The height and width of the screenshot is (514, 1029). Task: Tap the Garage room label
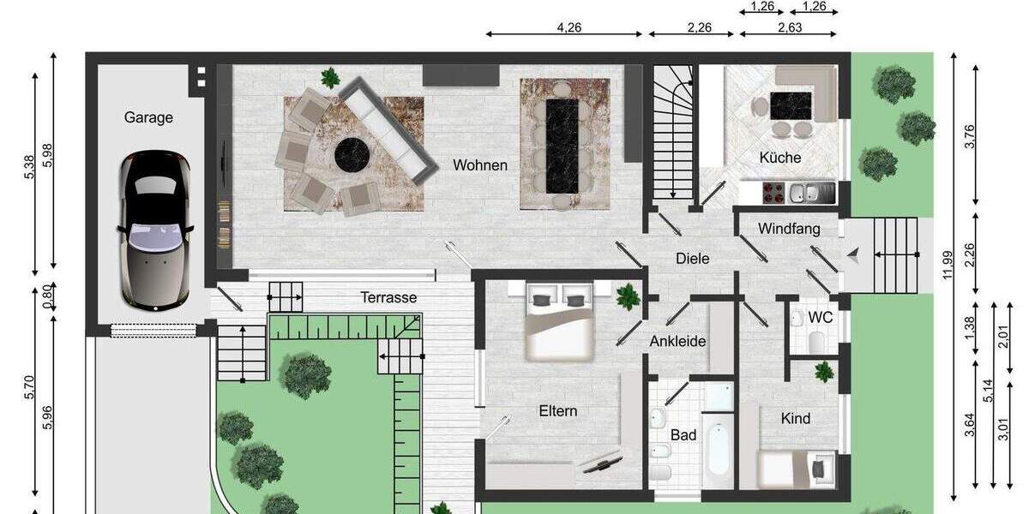coord(148,117)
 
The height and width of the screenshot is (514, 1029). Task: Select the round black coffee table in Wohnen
coord(352,156)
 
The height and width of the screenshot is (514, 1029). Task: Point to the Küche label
coord(780,158)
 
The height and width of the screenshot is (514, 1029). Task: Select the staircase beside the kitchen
coord(671,133)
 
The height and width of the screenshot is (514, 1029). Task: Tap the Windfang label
coord(789,229)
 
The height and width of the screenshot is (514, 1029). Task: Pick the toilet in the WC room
coord(816,343)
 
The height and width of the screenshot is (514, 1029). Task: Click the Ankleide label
coord(677,341)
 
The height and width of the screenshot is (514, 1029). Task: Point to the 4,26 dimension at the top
coord(569,27)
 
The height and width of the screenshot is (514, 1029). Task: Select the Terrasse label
coord(388,297)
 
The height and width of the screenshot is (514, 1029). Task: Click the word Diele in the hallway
coord(693,258)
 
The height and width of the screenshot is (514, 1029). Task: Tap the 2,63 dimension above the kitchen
coord(789,27)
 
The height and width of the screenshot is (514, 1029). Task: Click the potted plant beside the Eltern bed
coord(628,296)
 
